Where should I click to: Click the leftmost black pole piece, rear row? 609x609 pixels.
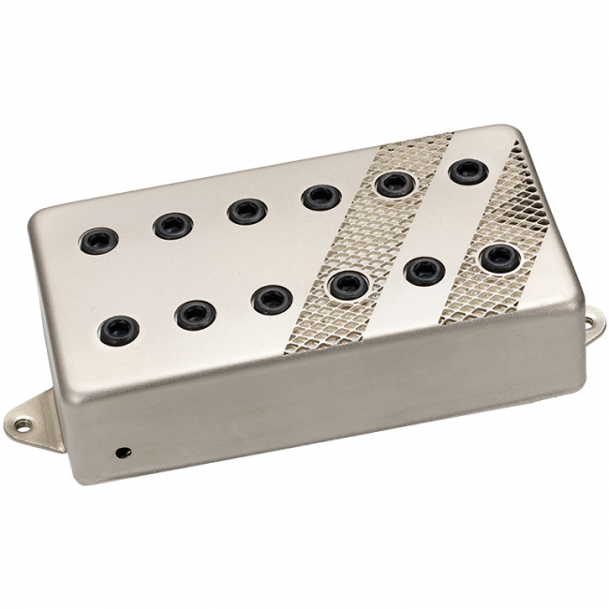point(97,239)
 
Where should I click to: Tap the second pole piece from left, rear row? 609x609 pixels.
point(170,224)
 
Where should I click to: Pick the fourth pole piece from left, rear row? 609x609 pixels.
point(314,197)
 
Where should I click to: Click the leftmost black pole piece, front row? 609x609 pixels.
point(116,328)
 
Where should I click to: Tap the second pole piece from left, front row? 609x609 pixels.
point(194,313)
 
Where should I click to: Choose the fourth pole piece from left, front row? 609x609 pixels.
point(348,283)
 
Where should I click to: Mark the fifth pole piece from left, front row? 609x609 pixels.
point(423,269)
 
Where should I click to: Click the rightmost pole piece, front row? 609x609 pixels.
point(498,255)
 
